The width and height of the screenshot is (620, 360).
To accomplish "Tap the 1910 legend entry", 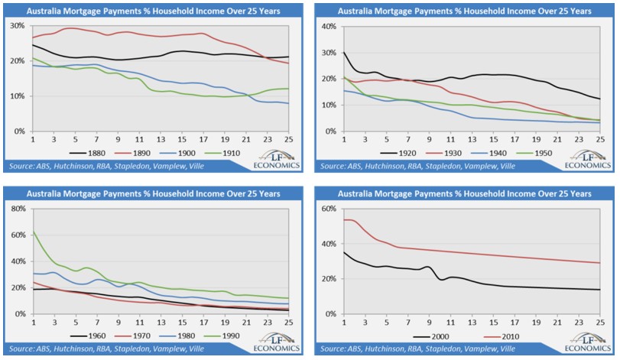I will [239, 153].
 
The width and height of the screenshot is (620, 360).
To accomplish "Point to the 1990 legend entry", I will [239, 336].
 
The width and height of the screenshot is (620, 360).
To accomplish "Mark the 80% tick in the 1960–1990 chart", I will [17, 208].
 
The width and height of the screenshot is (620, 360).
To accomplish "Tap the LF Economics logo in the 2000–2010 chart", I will [582, 343].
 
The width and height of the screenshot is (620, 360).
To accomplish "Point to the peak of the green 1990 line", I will [32, 232].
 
